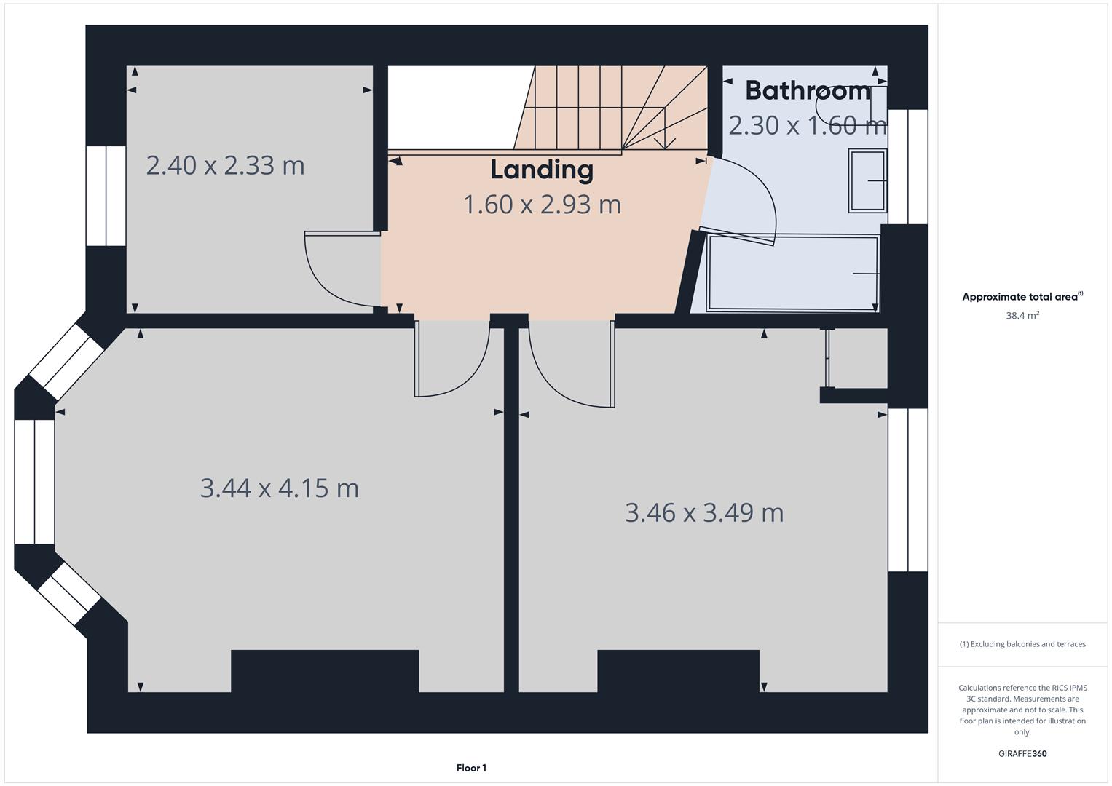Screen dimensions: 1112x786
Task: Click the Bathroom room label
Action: (808, 91)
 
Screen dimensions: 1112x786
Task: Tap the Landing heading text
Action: (542, 170)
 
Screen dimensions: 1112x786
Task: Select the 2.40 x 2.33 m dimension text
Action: (225, 165)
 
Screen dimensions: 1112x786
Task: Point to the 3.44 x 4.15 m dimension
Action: (280, 488)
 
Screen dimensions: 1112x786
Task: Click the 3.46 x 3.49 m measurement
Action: (704, 512)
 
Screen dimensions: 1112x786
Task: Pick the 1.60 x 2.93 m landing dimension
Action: (542, 205)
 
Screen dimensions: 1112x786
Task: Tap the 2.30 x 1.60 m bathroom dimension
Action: (808, 125)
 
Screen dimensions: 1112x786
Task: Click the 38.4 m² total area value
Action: (1022, 315)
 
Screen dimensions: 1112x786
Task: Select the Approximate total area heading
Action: (1022, 297)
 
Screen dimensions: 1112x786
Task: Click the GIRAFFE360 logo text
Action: (1022, 753)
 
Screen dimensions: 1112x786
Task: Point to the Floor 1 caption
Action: (472, 768)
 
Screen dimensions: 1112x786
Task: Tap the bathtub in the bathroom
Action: (793, 273)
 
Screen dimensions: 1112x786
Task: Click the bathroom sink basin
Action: (867, 180)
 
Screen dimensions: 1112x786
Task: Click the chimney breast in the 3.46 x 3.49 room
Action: (678, 671)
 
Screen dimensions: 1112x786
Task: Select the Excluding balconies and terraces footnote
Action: (1022, 644)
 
